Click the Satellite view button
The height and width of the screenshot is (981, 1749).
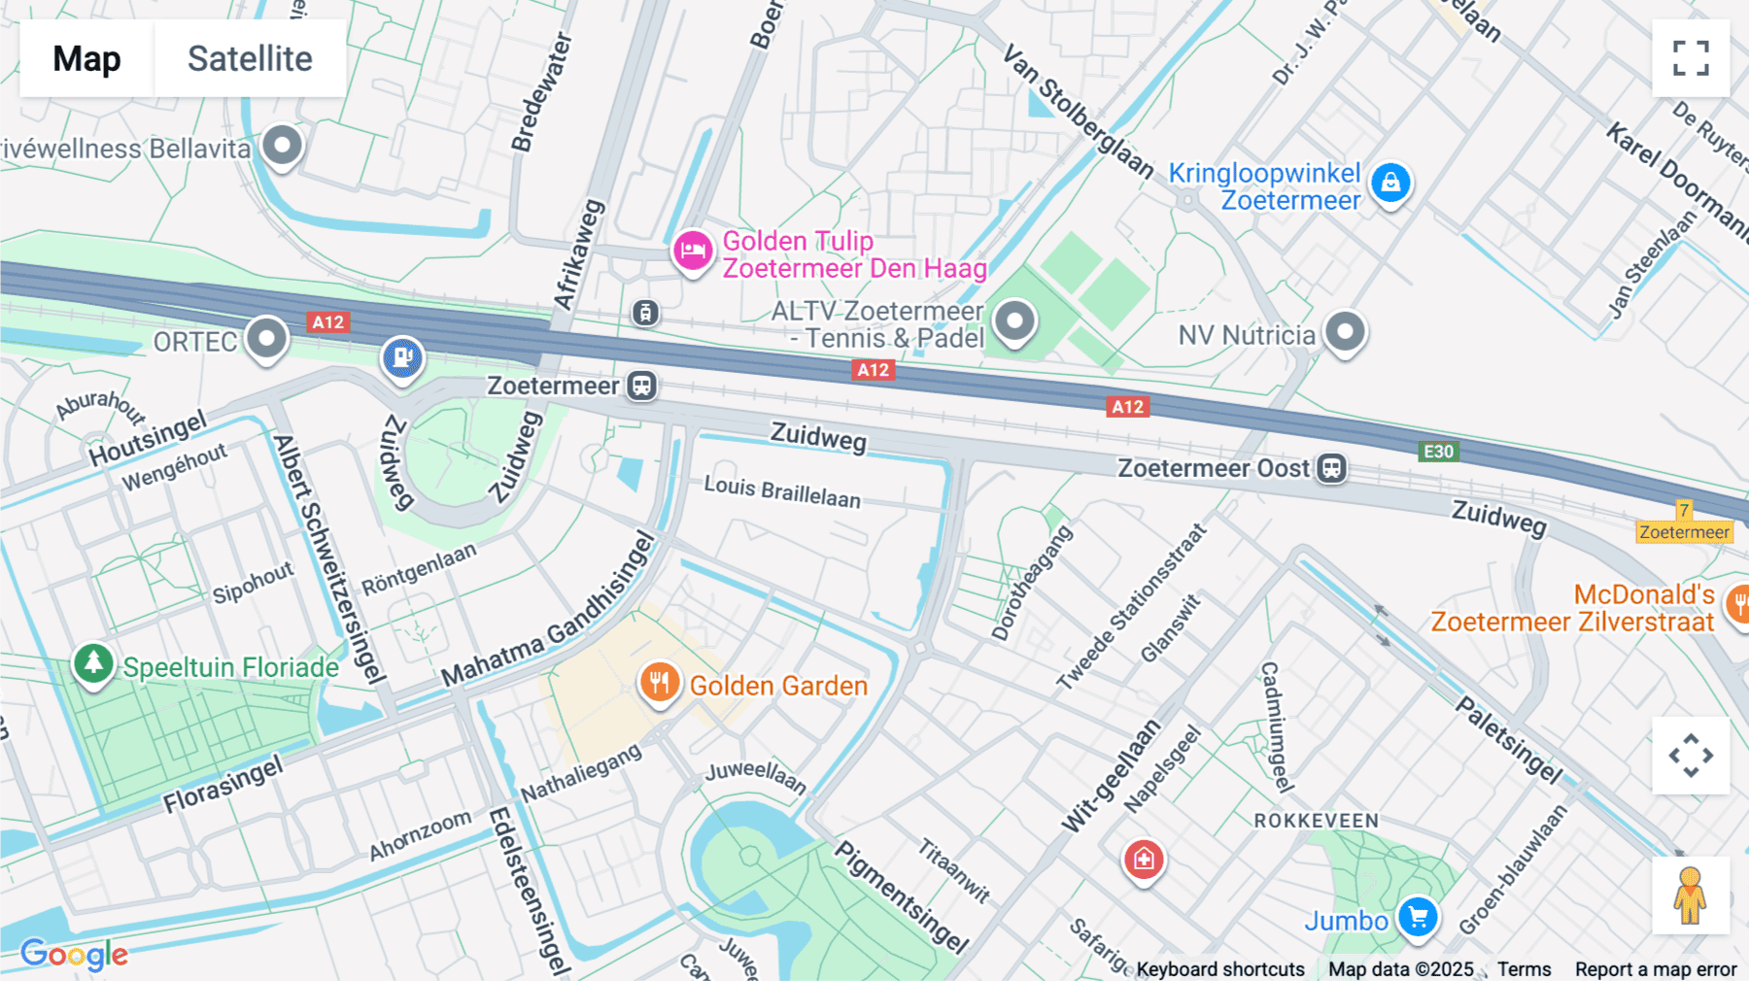pyautogui.click(x=250, y=58)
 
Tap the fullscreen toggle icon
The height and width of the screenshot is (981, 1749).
pyautogui.click(x=1691, y=58)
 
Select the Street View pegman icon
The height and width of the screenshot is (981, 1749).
pyautogui.click(x=1690, y=896)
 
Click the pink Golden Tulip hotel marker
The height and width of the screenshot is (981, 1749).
pyautogui.click(x=693, y=252)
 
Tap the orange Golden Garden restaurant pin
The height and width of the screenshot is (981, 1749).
pyautogui.click(x=659, y=683)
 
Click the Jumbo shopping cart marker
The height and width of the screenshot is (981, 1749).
pyautogui.click(x=1418, y=916)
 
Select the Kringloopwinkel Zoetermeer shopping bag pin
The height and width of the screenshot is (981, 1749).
pyautogui.click(x=1390, y=183)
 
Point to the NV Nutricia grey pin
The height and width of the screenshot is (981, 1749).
pyautogui.click(x=1345, y=333)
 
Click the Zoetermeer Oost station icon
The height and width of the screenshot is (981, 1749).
pyautogui.click(x=1331, y=468)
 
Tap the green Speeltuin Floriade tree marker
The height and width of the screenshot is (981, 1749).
pyautogui.click(x=93, y=664)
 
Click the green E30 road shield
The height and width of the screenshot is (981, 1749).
pyautogui.click(x=1438, y=452)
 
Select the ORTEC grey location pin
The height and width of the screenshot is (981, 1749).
pyautogui.click(x=266, y=339)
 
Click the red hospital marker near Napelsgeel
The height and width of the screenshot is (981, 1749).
pyautogui.click(x=1144, y=860)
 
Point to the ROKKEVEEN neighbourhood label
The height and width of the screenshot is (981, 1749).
pyautogui.click(x=1316, y=821)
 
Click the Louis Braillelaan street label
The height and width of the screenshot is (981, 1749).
pyautogui.click(x=782, y=492)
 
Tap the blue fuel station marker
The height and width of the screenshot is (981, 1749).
pyautogui.click(x=402, y=357)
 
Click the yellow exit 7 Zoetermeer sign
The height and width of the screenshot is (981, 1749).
pyautogui.click(x=1684, y=523)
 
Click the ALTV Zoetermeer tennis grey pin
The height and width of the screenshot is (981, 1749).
pyautogui.click(x=1014, y=320)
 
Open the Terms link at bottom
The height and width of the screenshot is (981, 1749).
pyautogui.click(x=1524, y=969)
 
